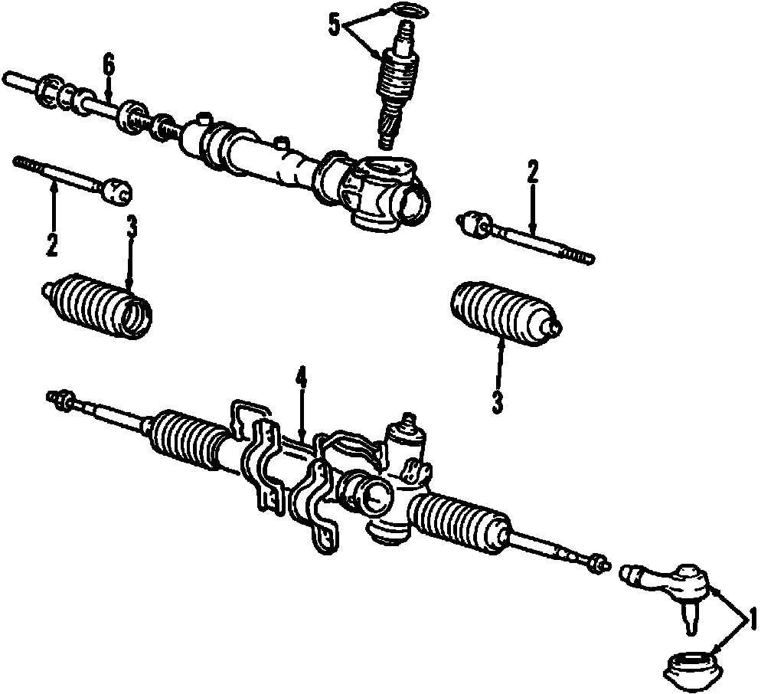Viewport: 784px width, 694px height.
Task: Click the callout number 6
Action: coord(109,65)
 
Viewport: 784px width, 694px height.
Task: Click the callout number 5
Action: coord(334,25)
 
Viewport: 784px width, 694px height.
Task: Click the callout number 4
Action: coord(302,378)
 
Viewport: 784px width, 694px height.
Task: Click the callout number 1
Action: coord(753,618)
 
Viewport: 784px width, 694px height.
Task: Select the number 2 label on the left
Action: coord(51,245)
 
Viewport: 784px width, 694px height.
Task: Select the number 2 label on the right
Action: coord(533,172)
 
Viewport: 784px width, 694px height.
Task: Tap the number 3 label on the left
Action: coord(132,226)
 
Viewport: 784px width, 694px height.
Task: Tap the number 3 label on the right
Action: coord(498,401)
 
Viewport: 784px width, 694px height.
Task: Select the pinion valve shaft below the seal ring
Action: coord(397,84)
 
